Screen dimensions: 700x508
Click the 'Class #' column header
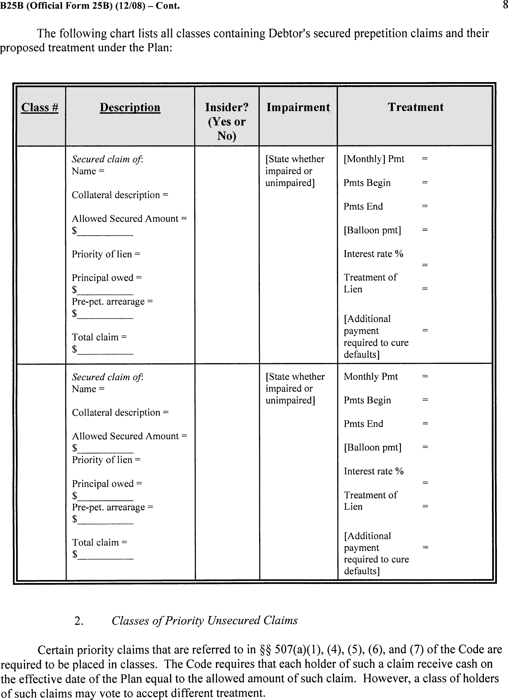[x=40, y=107]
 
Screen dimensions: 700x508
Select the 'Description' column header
[x=130, y=107]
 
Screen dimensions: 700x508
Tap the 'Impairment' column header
[x=298, y=107]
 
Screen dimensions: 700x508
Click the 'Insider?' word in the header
[x=227, y=107]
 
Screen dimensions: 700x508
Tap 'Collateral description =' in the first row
[x=120, y=195]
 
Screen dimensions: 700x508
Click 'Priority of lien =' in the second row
[x=106, y=460]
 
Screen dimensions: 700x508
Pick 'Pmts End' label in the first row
[x=363, y=207]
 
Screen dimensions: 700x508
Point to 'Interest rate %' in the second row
[x=373, y=471]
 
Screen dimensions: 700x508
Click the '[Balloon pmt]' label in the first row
[x=372, y=230]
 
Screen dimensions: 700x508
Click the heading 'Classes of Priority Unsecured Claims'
[x=204, y=621]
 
